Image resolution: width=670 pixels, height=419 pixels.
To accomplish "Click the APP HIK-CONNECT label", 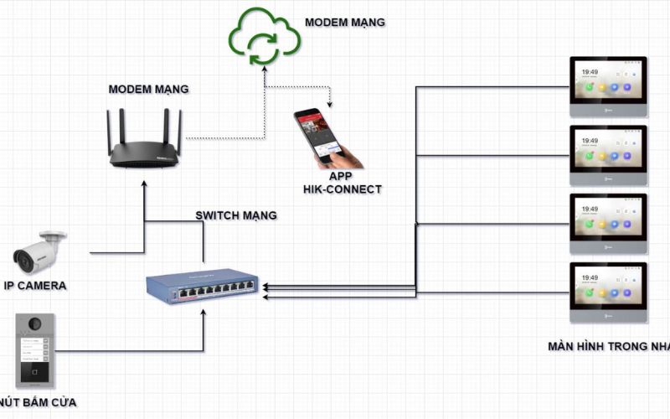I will coord(342,184).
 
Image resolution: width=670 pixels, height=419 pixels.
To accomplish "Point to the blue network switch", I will coord(203,286).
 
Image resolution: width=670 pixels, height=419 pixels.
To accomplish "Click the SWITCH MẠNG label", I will coord(236,215).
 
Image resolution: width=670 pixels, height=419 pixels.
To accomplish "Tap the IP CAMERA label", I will coord(34,286).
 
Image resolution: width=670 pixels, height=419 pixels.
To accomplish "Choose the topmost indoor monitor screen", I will coord(608,85).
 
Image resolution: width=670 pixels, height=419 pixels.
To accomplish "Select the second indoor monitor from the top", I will coord(608,155).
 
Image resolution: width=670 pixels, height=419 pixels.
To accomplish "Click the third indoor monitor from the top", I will coord(608,224).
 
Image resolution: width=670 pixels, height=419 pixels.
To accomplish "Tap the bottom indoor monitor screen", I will coord(608,292).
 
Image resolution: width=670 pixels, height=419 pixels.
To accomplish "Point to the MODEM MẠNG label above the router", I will coord(148,89).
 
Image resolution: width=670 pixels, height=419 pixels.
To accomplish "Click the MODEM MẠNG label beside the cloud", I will coord(344,22).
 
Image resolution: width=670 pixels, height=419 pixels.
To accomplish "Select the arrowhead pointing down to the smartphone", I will coord(330,105).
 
